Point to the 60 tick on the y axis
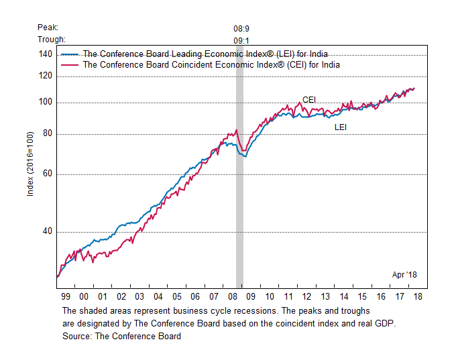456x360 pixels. coord(46,174)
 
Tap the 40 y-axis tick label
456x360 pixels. coord(46,232)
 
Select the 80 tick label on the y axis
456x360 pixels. coord(46,134)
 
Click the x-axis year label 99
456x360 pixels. coord(66,296)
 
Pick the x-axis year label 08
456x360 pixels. coord(232,296)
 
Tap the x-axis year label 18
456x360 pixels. coord(418,296)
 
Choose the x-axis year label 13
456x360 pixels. coord(325,296)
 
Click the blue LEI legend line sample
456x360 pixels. coord(70,54)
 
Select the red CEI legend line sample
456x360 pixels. coord(70,65)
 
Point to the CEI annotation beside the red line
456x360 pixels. coord(309,100)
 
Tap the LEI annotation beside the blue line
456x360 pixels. coord(341,127)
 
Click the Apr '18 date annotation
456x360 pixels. coord(404,274)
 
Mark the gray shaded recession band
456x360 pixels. coord(239,201)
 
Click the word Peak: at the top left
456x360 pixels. coord(48,27)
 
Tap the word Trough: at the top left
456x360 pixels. coord(52,39)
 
